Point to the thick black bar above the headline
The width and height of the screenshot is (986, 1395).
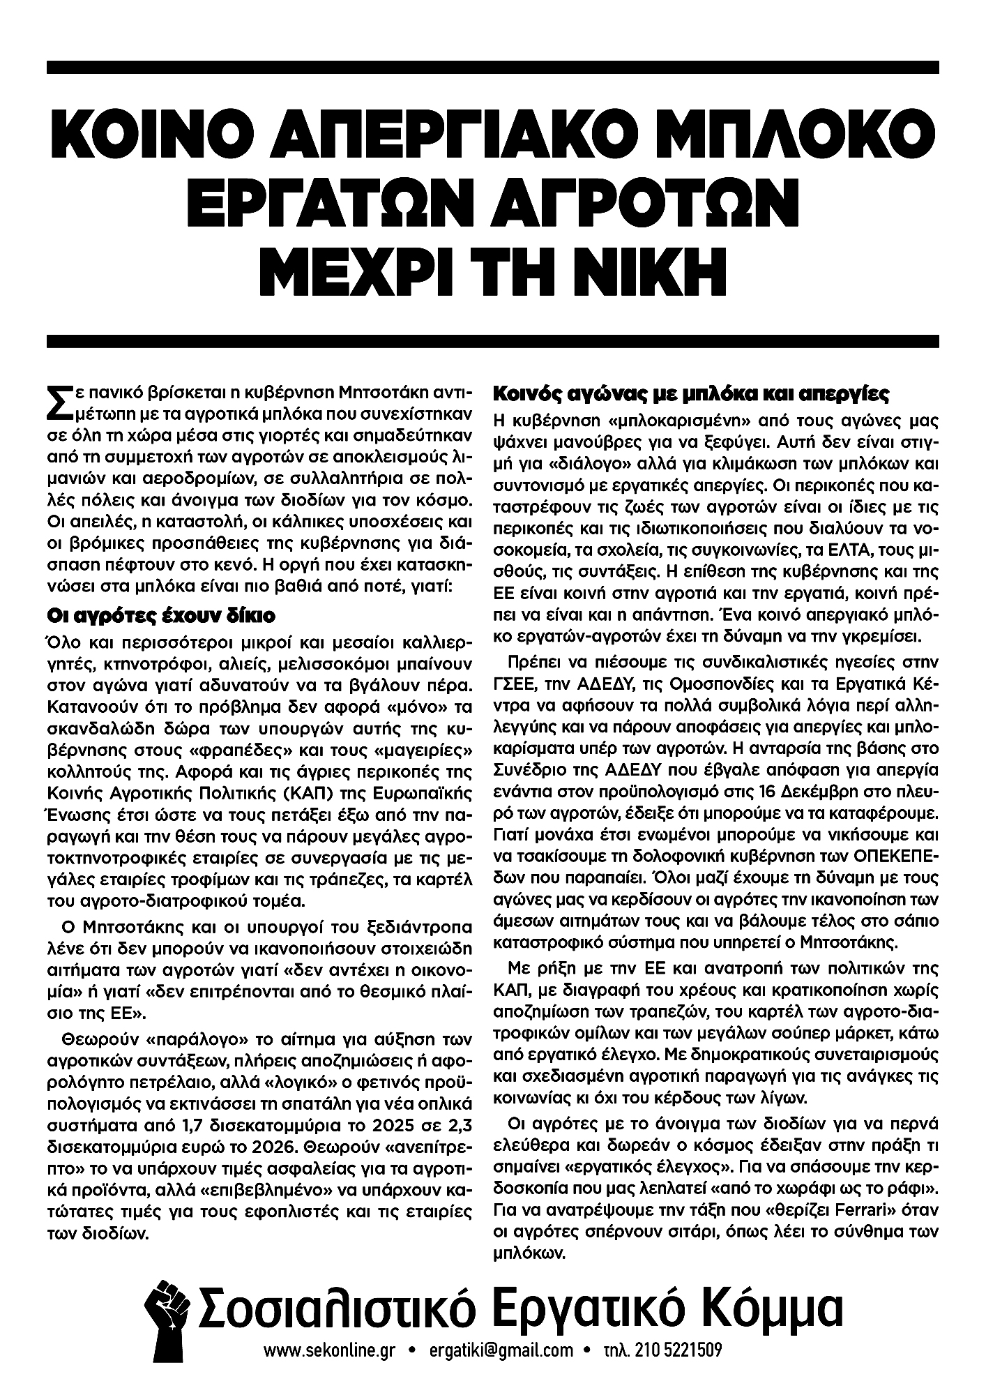coord(493,67)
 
